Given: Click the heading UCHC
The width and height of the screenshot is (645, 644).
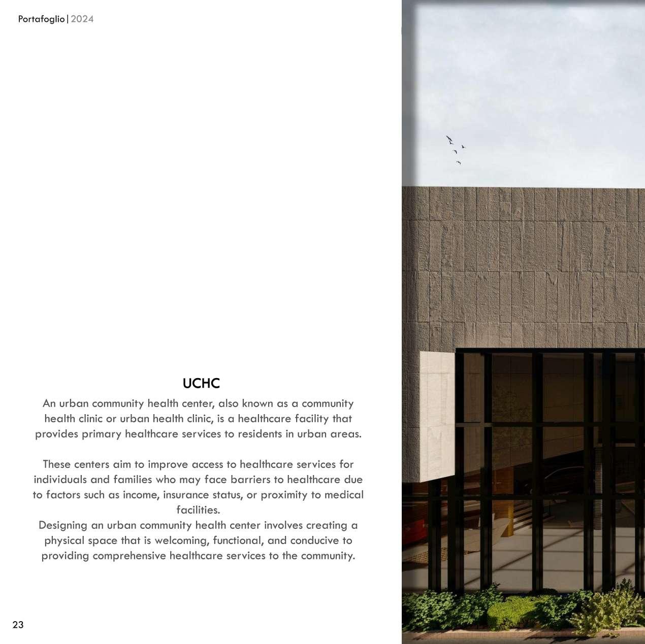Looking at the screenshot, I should click(x=201, y=384).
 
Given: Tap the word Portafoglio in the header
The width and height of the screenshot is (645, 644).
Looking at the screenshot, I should click(x=41, y=19).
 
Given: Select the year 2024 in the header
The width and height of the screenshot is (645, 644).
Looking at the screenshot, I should click(x=82, y=19).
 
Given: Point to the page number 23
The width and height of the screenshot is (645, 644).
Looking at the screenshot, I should click(x=18, y=625).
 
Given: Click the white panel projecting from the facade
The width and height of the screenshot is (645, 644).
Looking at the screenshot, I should click(x=436, y=416).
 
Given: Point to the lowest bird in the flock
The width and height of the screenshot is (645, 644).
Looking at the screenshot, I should click(x=458, y=162).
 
